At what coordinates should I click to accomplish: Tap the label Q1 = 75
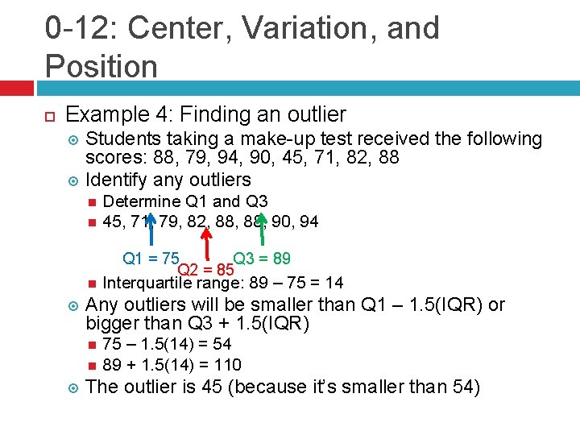tap(150, 259)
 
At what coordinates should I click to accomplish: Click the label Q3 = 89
tap(262, 259)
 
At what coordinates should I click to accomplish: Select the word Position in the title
tap(101, 65)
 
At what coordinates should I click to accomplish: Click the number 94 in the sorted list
tap(308, 222)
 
